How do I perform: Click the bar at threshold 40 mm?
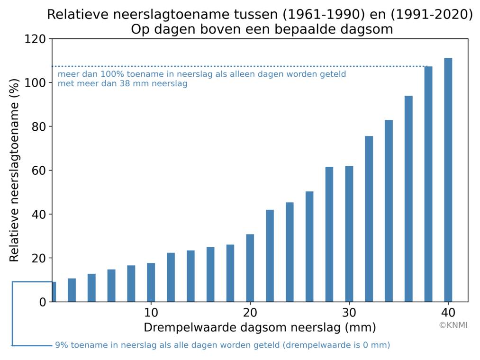(448, 180)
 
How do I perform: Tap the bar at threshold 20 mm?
(250, 268)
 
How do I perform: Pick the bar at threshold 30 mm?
(349, 234)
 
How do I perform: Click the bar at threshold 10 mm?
(151, 282)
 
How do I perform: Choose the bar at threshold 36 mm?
(408, 199)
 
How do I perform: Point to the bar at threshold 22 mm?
(270, 256)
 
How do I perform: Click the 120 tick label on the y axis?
(36, 39)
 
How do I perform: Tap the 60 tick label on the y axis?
(39, 171)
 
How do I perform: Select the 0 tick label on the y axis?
(43, 302)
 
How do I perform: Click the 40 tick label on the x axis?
(448, 313)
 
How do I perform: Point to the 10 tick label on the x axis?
(151, 313)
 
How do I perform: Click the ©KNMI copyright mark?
(453, 325)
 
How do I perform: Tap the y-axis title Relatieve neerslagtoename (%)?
(14, 170)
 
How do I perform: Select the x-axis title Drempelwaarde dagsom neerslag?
(260, 327)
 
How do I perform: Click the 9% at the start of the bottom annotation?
(61, 345)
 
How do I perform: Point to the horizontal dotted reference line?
(237, 66)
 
